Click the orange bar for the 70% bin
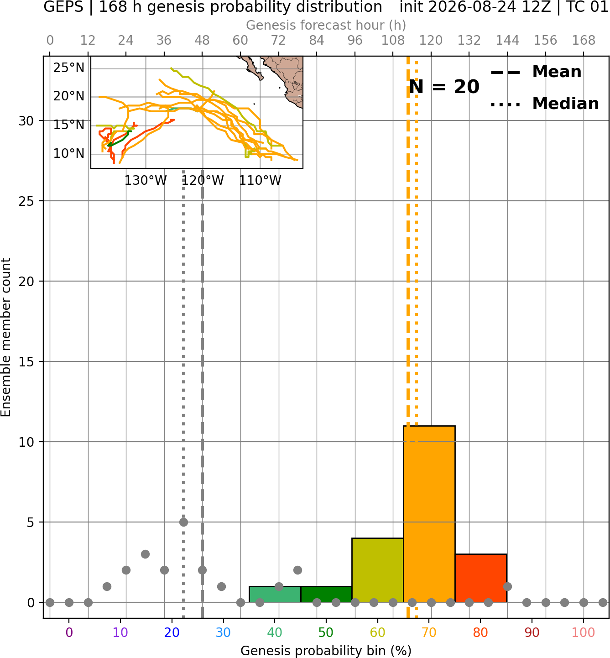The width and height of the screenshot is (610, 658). (x=429, y=514)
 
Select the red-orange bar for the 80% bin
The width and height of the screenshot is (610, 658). (x=481, y=578)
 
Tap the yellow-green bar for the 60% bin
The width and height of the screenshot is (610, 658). (x=377, y=570)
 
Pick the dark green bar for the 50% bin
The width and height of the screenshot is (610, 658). (x=326, y=595)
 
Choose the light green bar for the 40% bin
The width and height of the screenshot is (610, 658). (x=275, y=595)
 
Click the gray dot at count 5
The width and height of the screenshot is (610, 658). (x=183, y=522)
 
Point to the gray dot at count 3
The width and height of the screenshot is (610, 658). (x=145, y=554)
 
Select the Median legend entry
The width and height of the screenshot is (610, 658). (x=544, y=104)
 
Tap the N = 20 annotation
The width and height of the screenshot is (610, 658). (x=444, y=87)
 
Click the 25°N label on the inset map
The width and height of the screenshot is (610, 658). (x=69, y=68)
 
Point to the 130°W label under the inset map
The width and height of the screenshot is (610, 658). (x=146, y=181)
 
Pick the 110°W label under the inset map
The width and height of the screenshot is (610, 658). (x=260, y=181)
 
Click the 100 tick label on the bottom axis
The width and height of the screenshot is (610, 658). (x=584, y=632)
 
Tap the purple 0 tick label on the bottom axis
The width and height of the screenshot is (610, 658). (x=69, y=632)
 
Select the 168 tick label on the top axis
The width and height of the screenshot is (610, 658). (x=584, y=41)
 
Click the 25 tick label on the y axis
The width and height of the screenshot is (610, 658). (x=26, y=201)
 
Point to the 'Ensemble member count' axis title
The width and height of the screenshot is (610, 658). (x=6, y=337)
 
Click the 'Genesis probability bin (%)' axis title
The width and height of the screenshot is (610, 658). (x=326, y=651)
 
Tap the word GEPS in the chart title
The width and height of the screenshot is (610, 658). (x=63, y=7)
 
